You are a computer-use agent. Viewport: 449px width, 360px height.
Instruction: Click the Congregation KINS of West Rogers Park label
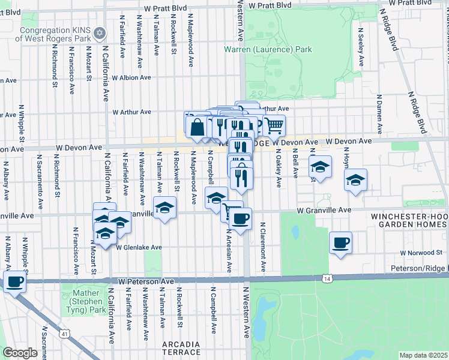(x=54, y=33)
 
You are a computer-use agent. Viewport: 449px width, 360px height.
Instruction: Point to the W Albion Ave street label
(x=131, y=77)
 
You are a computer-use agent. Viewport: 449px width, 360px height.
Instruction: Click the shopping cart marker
(x=274, y=125)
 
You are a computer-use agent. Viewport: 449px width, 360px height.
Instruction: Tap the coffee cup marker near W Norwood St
(x=340, y=242)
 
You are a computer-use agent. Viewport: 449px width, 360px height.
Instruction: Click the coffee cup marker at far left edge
(x=14, y=281)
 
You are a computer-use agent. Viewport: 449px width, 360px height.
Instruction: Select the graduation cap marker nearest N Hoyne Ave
(x=355, y=179)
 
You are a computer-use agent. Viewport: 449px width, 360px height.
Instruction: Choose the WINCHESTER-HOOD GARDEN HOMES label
(x=409, y=220)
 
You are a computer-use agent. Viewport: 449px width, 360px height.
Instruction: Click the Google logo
(x=20, y=353)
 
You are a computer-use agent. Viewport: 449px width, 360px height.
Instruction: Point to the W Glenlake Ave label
(x=139, y=247)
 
